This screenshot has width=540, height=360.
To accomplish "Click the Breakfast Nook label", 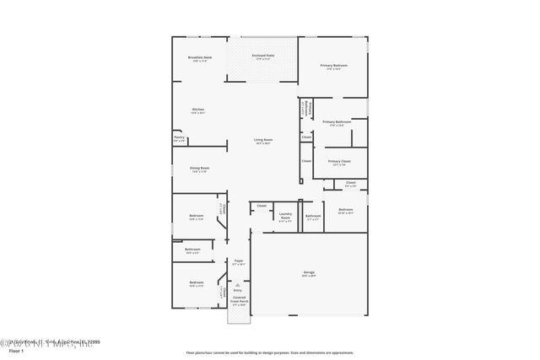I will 200,57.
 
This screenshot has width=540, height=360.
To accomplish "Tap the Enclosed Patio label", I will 262,56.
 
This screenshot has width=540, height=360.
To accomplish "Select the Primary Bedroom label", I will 333,66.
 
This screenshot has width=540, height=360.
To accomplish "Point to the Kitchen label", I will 198,110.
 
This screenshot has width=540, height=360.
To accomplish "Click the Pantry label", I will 179,137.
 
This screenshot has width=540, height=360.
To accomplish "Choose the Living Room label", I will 263,140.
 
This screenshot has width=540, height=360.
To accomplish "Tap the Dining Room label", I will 199,169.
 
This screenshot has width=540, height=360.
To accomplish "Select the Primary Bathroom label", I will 337,122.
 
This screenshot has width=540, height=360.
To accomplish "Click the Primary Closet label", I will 339,161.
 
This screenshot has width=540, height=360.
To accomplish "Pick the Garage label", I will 309,272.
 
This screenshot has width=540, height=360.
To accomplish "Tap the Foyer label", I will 239,261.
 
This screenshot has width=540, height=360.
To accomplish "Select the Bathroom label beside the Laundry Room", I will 313,216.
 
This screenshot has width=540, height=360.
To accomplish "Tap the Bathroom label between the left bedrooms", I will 192,250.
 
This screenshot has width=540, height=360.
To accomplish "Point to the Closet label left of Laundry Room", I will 262,206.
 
